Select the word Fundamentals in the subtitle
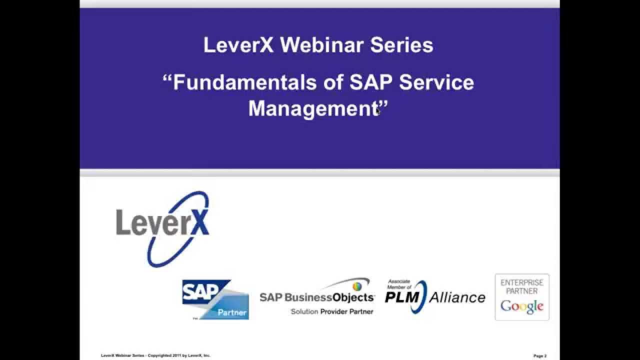pos(244,82)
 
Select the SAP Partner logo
pos(215,299)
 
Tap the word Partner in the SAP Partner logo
pos(232,312)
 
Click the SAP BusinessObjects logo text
pos(316,297)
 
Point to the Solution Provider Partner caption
pos(332,311)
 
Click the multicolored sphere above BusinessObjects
pos(357,286)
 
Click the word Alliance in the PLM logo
pos(457,297)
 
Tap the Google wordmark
pos(522,306)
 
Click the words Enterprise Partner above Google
pos(522,286)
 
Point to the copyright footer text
pos(155,355)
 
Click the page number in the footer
pos(539,356)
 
